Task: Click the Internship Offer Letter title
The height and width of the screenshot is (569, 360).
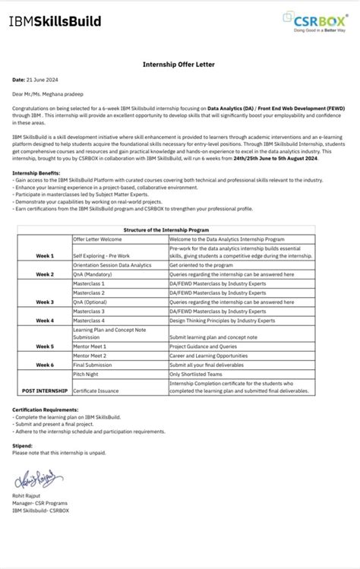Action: click(180, 65)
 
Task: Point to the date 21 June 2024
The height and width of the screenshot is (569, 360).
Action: click(39, 79)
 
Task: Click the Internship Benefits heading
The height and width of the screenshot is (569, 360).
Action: click(37, 173)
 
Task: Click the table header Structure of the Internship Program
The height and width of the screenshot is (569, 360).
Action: click(180, 229)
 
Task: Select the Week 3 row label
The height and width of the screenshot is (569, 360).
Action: click(44, 302)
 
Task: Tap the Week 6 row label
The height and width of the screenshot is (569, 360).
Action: click(44, 365)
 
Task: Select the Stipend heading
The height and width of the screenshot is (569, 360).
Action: click(23, 446)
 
